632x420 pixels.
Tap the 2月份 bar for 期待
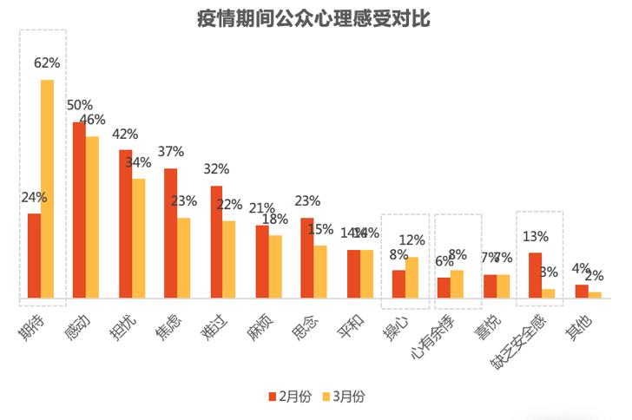(x=34, y=256)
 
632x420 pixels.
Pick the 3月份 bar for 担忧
(x=138, y=239)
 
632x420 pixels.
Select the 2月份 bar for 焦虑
(x=170, y=233)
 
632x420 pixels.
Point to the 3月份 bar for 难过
(x=229, y=259)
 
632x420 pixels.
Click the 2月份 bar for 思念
(x=307, y=258)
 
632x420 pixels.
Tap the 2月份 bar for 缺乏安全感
(x=536, y=275)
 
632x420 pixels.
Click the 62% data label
(x=47, y=62)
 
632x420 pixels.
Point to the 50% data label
(x=80, y=105)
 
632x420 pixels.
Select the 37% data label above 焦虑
(x=170, y=152)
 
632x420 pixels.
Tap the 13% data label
(x=536, y=236)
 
